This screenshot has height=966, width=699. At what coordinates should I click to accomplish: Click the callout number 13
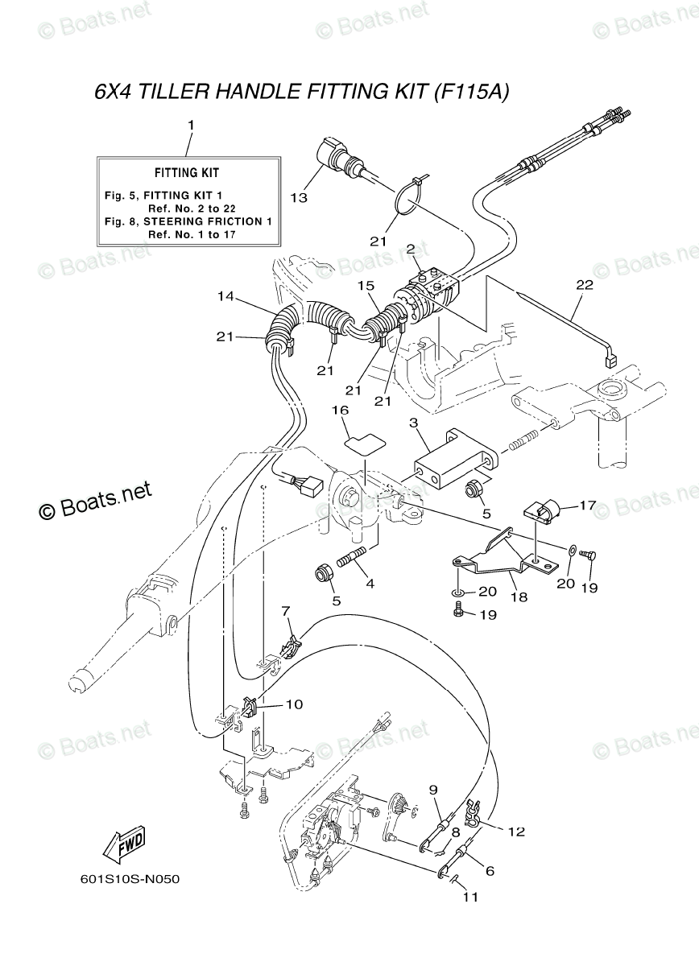point(299,196)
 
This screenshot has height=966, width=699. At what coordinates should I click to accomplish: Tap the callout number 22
point(584,284)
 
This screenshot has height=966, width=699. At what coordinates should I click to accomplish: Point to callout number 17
point(588,506)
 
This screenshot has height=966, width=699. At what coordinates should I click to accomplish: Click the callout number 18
point(518,598)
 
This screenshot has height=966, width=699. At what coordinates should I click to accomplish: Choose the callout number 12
point(516,832)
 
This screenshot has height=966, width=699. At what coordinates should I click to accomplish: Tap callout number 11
point(469,897)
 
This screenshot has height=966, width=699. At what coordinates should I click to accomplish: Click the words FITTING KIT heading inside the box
point(187,172)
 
